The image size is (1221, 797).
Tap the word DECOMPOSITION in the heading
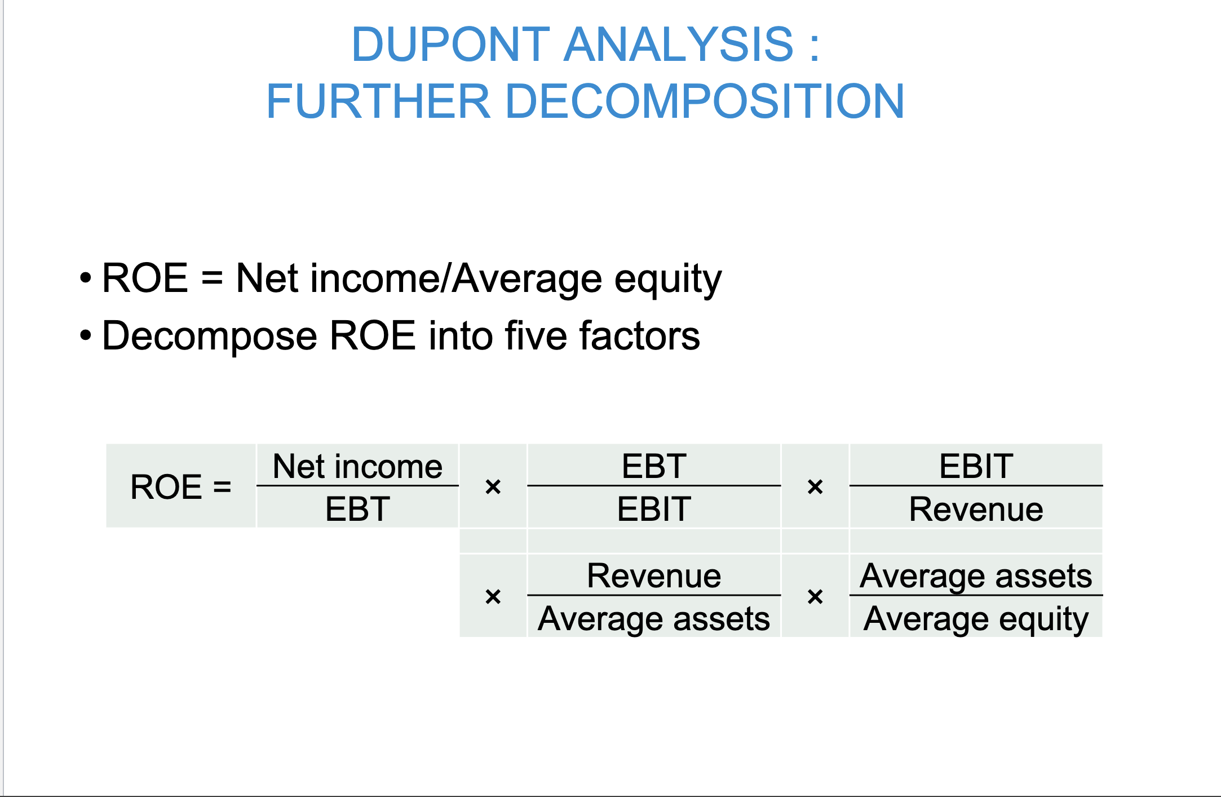click(x=705, y=101)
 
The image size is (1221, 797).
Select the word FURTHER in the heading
click(x=378, y=101)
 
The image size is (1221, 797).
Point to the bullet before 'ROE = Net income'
click(x=85, y=277)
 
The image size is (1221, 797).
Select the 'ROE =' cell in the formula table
click(x=181, y=486)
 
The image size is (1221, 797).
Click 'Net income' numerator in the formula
click(x=357, y=466)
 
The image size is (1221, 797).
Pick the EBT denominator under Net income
click(x=357, y=508)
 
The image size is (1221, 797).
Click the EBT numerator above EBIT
click(x=654, y=466)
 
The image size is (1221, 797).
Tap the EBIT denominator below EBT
click(x=654, y=508)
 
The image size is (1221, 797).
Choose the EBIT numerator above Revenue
click(x=976, y=466)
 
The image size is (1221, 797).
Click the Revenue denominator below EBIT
click(x=976, y=509)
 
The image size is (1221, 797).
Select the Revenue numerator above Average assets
click(x=654, y=575)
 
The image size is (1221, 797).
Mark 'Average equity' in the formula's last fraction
click(x=976, y=619)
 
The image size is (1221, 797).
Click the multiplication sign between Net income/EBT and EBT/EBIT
click(x=493, y=486)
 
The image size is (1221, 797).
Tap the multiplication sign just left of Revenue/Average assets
click(x=493, y=596)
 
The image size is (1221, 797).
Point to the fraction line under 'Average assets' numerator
click(x=976, y=595)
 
